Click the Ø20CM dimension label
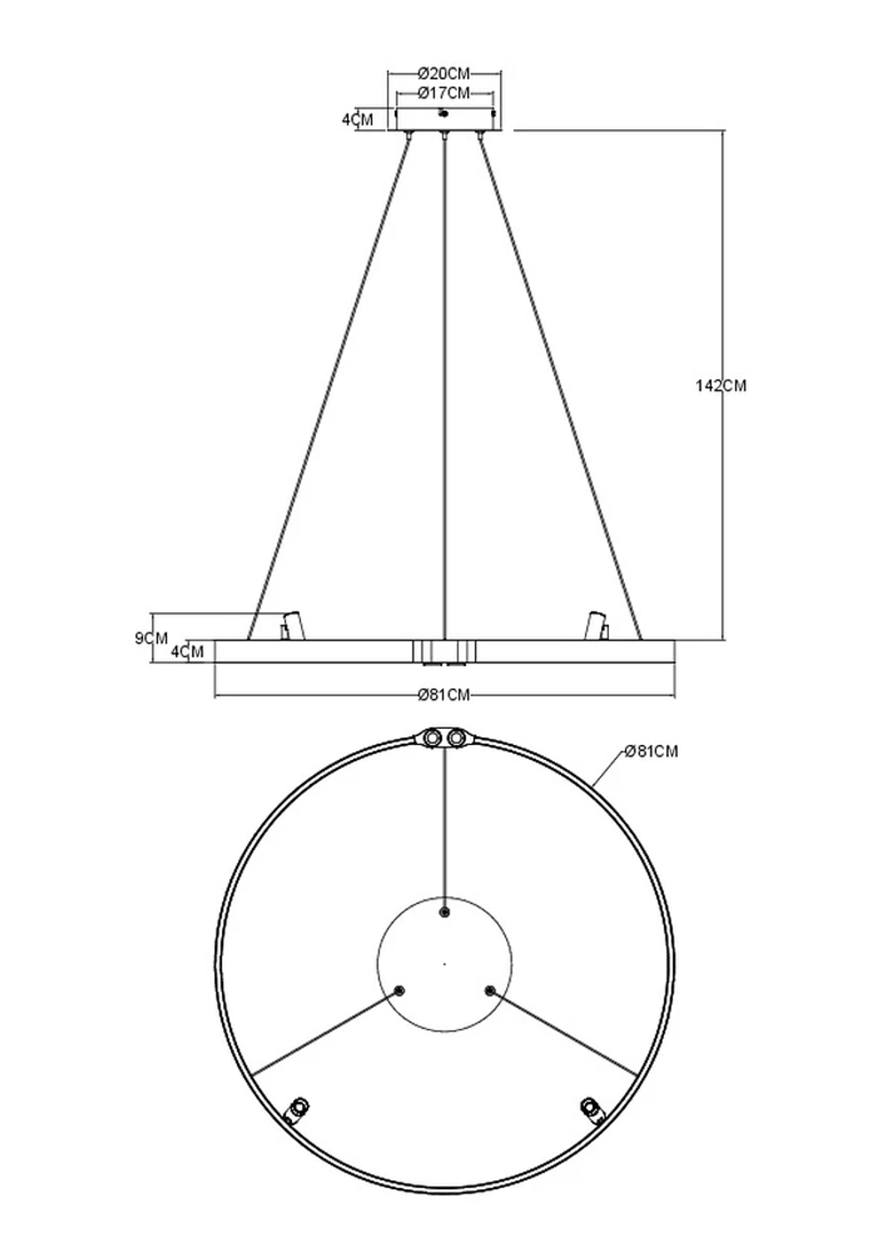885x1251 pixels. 444,73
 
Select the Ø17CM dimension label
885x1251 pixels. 444,93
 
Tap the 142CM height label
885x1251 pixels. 721,386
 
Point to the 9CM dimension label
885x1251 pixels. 151,637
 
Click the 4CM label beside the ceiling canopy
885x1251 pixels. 358,119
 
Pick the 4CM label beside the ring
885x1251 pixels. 187,652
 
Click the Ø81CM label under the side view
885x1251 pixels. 444,695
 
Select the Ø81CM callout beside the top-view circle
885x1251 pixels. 650,751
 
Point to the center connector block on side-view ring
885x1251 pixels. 444,651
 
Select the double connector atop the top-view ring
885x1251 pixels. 444,737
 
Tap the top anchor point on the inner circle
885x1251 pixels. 444,912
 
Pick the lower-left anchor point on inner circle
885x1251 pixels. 399,990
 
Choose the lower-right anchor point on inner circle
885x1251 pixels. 489,990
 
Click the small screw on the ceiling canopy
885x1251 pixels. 444,112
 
